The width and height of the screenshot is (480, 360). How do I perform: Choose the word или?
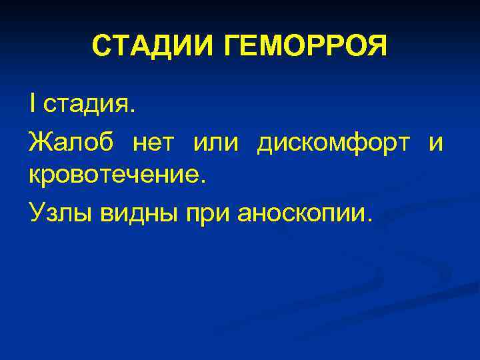click(x=217, y=142)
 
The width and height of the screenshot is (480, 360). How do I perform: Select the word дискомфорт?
click(x=333, y=142)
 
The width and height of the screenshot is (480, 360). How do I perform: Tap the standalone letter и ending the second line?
click(x=435, y=143)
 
